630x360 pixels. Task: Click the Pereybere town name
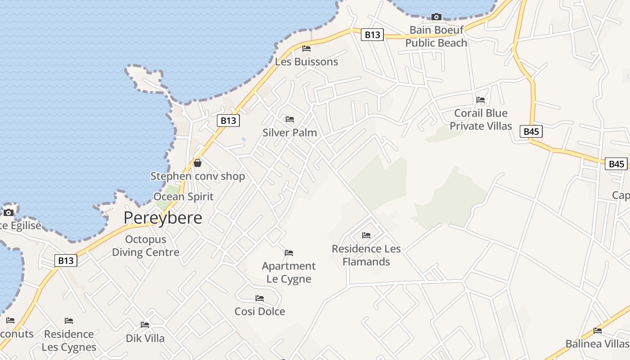(162, 218)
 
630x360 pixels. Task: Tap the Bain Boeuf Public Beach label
(436, 36)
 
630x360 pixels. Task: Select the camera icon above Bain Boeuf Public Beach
(436, 17)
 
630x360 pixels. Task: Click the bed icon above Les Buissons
(306, 49)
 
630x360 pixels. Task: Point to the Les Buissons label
(306, 62)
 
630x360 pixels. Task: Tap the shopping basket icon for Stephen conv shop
(197, 163)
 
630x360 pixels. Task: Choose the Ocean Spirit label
(183, 197)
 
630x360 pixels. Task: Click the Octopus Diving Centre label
(145, 246)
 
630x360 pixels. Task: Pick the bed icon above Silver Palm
(290, 119)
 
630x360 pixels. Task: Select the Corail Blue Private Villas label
(481, 119)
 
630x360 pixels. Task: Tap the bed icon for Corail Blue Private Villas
(481, 100)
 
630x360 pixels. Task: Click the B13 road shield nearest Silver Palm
(228, 121)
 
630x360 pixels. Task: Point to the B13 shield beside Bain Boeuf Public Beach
(372, 35)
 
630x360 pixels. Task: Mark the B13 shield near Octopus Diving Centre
(66, 261)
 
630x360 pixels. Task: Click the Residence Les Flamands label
(366, 255)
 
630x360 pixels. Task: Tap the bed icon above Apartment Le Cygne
(289, 253)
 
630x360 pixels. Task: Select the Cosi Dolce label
(260, 311)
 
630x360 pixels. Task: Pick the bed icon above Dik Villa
(145, 325)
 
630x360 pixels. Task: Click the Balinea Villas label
(597, 344)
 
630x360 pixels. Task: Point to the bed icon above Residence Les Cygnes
(69, 321)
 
